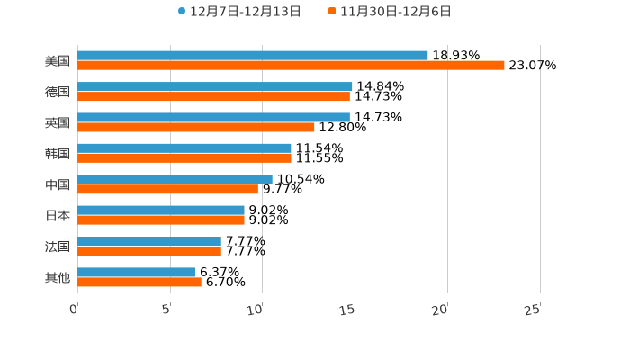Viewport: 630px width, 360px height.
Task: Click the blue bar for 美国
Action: pos(252,56)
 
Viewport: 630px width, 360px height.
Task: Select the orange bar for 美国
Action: pos(291,66)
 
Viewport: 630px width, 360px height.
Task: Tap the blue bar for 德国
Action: pos(214,86)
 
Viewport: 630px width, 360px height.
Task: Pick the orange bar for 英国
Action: pos(196,127)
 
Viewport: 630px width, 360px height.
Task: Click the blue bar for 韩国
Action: pos(184,148)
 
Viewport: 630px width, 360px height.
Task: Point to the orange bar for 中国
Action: pos(167,189)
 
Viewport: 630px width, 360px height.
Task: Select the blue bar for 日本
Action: pos(161,210)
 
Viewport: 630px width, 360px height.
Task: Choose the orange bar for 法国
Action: pos(149,251)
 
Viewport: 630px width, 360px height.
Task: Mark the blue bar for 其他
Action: pos(136,272)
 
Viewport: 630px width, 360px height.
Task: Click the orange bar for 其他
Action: pos(139,282)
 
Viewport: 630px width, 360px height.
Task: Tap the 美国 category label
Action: pos(58,61)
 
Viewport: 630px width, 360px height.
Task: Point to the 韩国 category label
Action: pos(58,154)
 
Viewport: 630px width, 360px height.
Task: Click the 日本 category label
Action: pos(58,216)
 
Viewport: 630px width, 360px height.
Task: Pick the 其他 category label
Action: pos(58,278)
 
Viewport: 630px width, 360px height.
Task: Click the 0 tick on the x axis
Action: pos(75,310)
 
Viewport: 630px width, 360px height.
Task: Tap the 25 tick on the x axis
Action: pos(533,310)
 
